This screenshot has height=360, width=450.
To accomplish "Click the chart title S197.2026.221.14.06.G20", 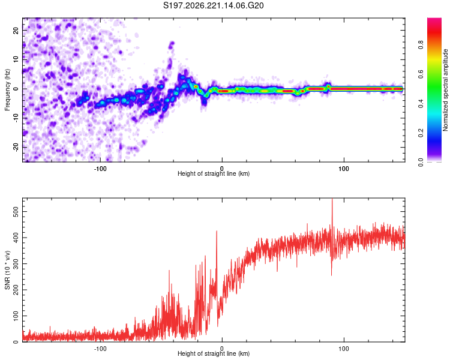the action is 213,5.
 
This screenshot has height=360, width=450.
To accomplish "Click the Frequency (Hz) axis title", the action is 7,90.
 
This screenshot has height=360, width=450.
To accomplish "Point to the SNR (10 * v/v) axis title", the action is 7,270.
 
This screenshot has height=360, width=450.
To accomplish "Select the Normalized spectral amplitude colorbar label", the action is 445,90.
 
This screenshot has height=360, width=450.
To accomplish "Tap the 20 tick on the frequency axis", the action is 16,30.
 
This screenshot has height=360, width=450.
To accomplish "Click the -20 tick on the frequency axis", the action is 16,147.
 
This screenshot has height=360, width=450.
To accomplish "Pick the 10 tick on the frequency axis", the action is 16,59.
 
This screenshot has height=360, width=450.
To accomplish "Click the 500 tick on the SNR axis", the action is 16,212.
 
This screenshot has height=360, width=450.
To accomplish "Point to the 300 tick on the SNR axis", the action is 16,264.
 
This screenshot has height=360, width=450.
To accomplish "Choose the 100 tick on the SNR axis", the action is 16,316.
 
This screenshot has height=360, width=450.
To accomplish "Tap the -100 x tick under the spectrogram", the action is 100,169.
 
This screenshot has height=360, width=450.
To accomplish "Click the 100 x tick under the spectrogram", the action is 344,169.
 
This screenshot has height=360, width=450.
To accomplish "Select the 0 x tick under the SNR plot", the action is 222,349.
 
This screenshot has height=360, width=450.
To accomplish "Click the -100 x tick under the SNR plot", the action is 100,349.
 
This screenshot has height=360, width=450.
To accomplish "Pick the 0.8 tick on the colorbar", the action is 421,45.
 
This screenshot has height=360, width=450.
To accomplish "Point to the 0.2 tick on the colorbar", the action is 421,133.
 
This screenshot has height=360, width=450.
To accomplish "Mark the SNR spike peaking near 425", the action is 217,231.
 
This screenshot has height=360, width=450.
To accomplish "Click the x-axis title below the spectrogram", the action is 214,173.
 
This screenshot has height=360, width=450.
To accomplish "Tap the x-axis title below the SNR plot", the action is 214,353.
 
